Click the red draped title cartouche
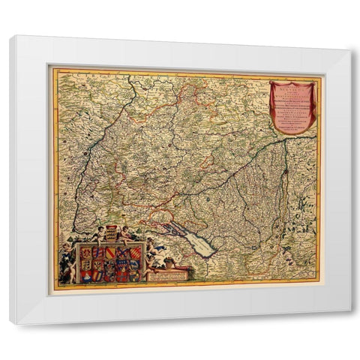click(292, 106)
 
